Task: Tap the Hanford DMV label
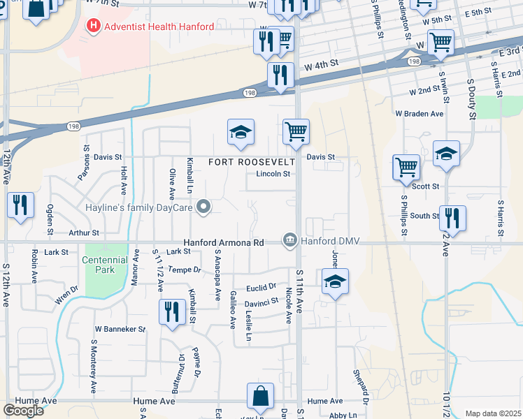[x=330, y=242]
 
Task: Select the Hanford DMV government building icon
[x=289, y=241]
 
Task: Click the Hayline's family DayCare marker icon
[x=203, y=207]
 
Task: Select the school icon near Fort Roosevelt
[x=241, y=132]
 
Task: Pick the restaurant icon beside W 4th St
[x=280, y=75]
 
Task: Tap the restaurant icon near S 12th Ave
[x=20, y=205]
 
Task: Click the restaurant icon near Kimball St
[x=172, y=311]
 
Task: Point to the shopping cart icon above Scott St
[x=406, y=168]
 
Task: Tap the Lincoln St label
[x=273, y=174]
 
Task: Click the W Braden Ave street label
[x=420, y=113]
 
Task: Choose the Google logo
[x=23, y=410]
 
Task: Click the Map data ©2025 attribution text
[x=493, y=413]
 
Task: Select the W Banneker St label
[x=120, y=328]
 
